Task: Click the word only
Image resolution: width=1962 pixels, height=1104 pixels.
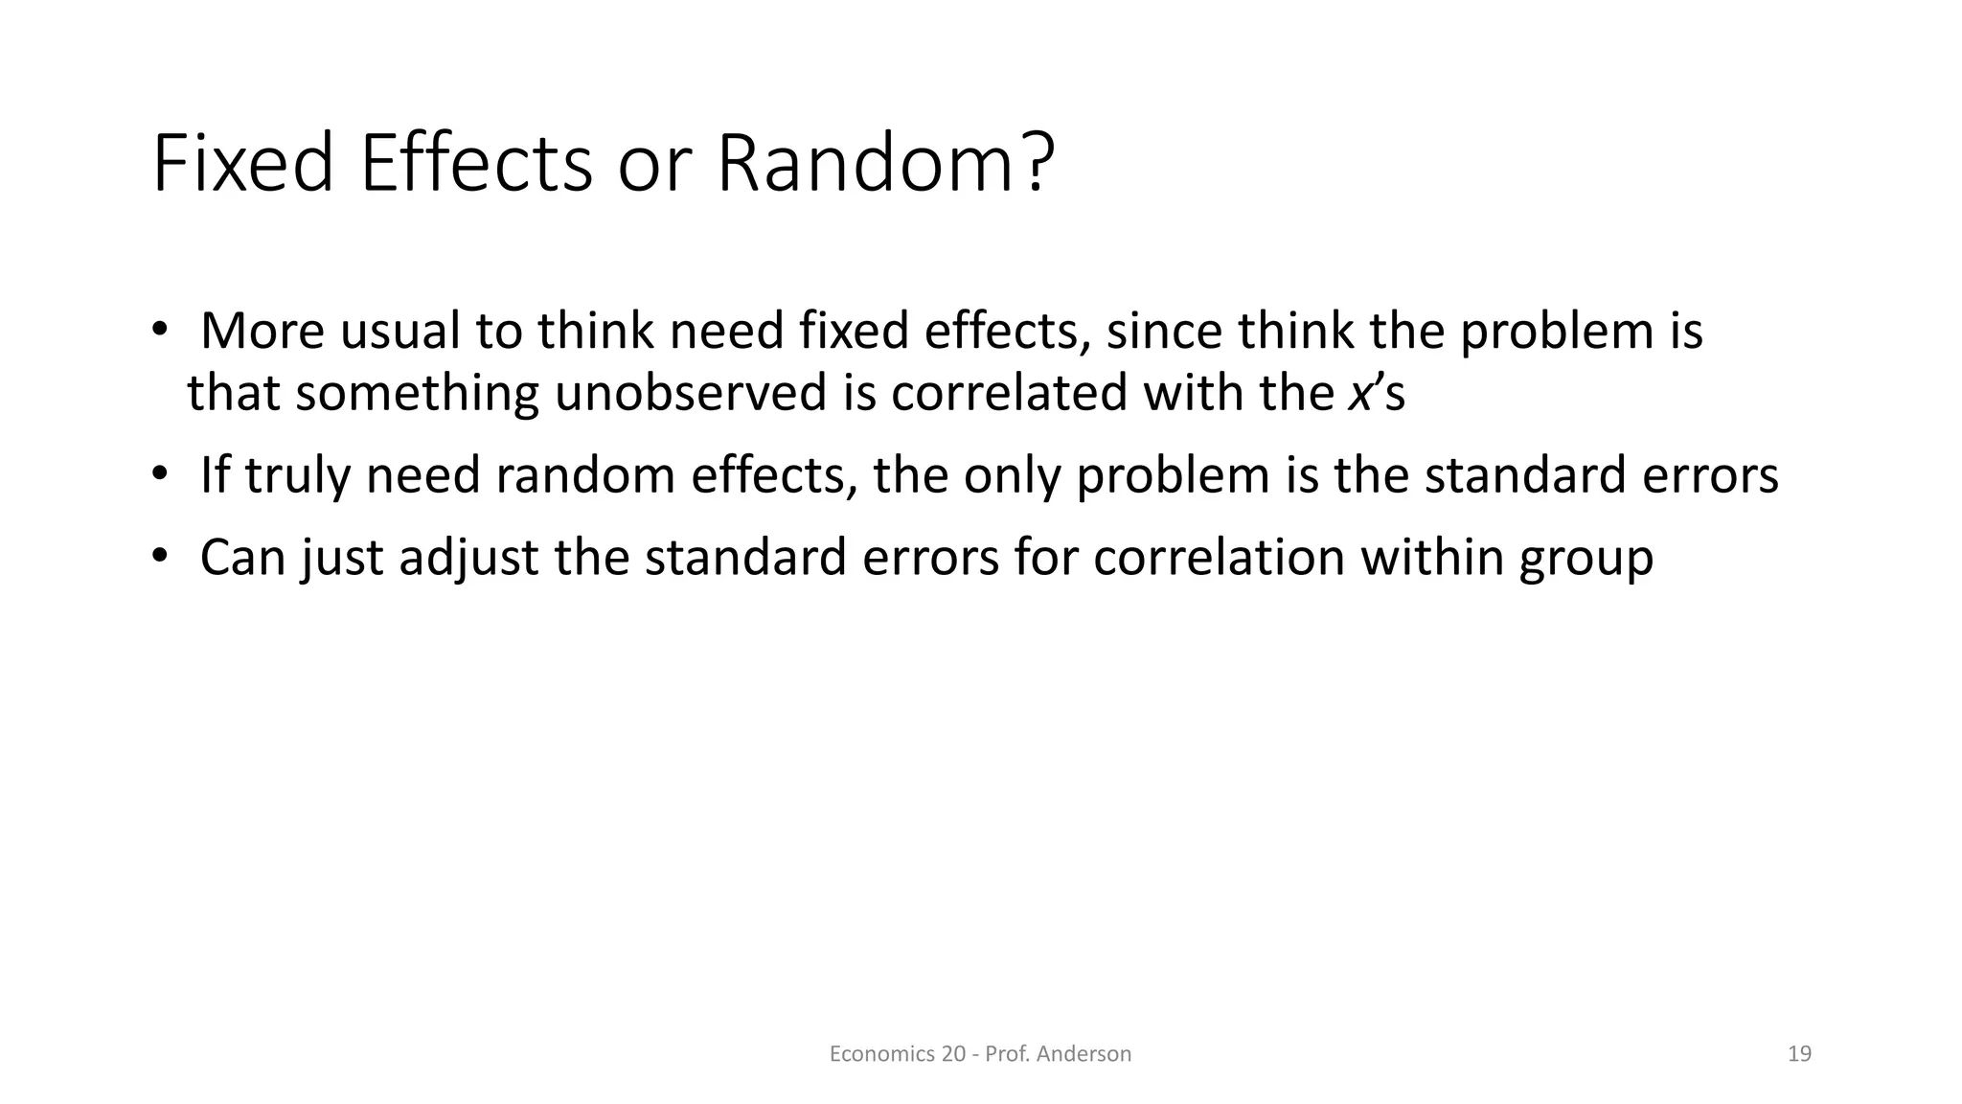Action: point(1013,475)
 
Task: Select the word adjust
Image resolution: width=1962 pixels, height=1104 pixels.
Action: point(468,558)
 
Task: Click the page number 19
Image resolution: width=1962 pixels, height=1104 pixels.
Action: point(1799,1054)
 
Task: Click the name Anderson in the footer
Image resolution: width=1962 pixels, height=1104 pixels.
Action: point(1084,1054)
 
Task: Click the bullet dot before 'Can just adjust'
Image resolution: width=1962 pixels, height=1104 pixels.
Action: point(159,557)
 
